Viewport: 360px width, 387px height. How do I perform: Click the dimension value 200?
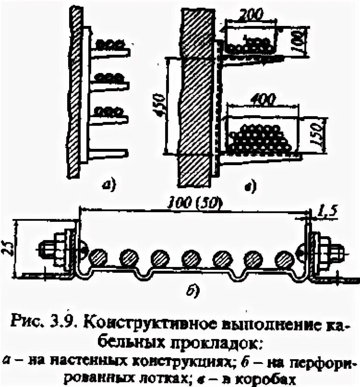pyautogui.click(x=252, y=14)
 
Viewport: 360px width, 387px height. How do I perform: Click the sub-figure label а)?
pyautogui.click(x=108, y=183)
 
